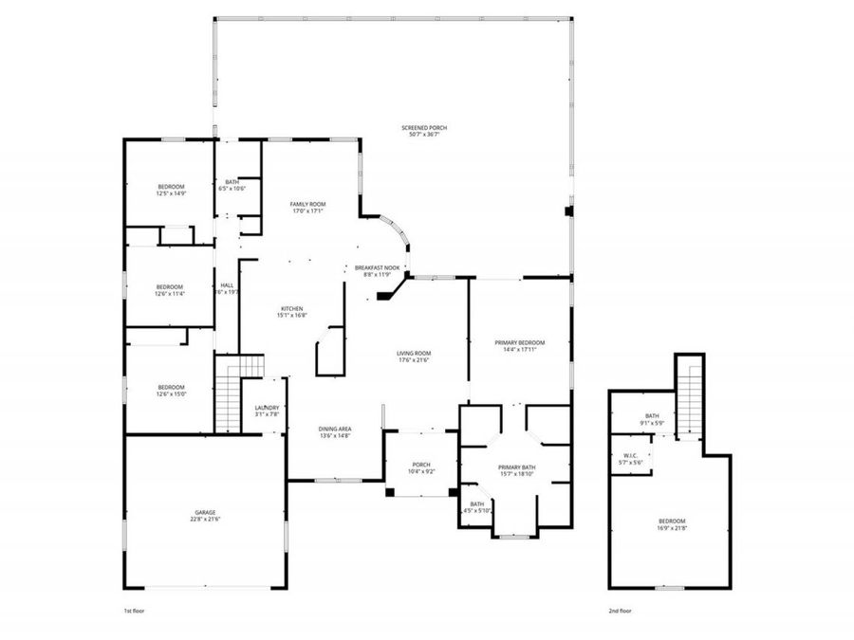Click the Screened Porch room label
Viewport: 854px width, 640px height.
pos(424,128)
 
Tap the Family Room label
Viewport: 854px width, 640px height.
pos(307,205)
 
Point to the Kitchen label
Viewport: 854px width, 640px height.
pos(291,309)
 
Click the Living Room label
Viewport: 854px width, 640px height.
pos(414,354)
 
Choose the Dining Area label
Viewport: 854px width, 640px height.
pos(334,430)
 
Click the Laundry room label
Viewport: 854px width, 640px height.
pos(267,408)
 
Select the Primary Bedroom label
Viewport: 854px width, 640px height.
pos(520,342)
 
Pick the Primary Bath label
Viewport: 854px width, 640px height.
pos(517,467)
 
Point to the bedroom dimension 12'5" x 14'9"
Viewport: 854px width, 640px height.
pos(171,193)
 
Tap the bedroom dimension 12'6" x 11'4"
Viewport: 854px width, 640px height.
pos(171,294)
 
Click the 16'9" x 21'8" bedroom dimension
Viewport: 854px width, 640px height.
pos(672,528)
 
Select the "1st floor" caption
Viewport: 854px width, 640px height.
pos(134,612)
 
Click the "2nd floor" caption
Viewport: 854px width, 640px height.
pos(620,612)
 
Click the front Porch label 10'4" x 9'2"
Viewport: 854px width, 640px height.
pos(421,465)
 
